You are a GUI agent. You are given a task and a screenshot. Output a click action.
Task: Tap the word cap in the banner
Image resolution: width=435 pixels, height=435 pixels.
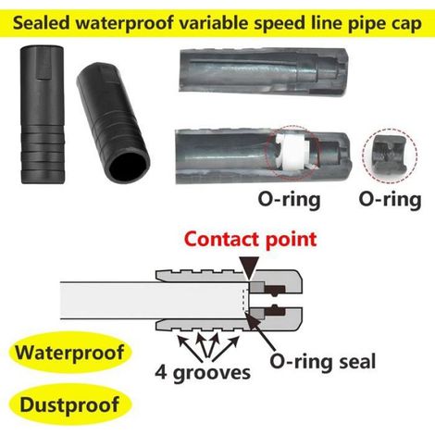[406, 25]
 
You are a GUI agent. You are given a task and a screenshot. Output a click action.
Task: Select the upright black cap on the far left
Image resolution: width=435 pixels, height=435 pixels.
[43, 115]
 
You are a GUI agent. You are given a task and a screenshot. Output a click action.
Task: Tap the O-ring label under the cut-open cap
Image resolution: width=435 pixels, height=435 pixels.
[289, 200]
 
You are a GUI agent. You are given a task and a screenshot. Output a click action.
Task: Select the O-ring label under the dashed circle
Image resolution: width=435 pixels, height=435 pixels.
[390, 200]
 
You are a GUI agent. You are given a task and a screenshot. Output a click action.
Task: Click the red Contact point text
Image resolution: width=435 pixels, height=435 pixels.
[251, 240]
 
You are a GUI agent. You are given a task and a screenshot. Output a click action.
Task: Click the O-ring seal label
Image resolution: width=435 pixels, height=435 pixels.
[323, 361]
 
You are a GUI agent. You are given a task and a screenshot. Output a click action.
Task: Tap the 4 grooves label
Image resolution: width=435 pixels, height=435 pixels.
[203, 373]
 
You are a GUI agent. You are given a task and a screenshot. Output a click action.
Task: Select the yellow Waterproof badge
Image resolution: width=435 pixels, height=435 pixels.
[70, 353]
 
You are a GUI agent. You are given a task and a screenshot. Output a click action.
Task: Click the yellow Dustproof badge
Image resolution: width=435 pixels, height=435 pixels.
[69, 404]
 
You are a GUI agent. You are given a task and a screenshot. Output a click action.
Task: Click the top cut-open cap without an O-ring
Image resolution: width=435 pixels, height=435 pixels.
[264, 71]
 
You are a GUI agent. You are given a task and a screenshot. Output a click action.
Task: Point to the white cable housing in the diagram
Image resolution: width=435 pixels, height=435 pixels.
[151, 300]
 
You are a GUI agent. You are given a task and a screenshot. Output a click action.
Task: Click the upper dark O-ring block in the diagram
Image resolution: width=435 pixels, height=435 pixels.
[275, 290]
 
